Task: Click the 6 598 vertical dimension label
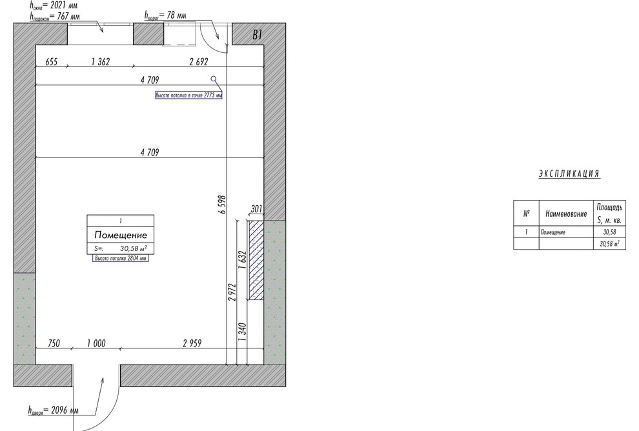point(221,205)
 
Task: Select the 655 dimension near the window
point(52,62)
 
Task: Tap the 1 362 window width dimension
point(101,62)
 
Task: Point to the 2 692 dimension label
point(199,62)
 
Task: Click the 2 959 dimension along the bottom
point(192,343)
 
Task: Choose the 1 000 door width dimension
point(97,343)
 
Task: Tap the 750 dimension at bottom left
point(54,343)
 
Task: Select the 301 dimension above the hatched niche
point(256,209)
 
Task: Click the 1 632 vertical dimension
point(243,260)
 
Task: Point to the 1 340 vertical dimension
point(243,332)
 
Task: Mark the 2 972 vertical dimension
point(232,292)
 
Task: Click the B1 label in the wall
point(257,35)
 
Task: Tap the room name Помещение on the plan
point(121,235)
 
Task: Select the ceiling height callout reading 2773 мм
point(188,95)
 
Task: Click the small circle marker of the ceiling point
point(214,79)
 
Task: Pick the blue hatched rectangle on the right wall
point(256,260)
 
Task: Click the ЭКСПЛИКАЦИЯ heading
point(569,174)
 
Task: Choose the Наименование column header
point(566,214)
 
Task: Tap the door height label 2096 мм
point(54,410)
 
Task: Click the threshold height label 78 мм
point(165,15)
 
